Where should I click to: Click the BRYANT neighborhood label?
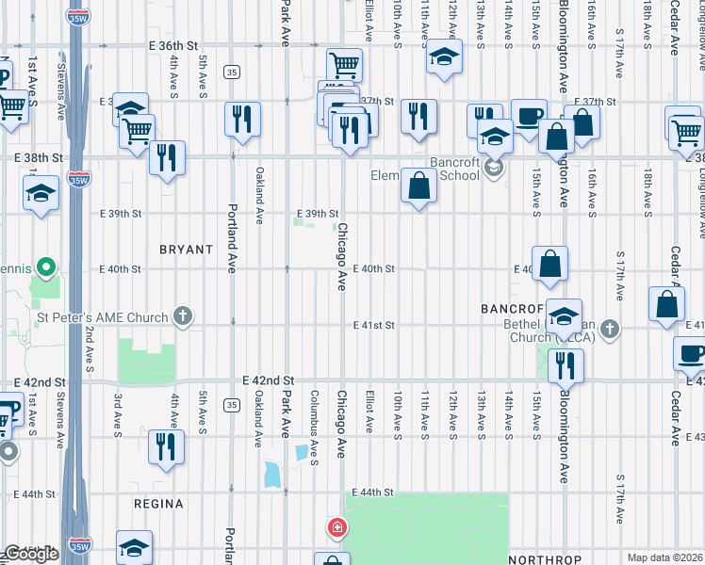tap(185, 249)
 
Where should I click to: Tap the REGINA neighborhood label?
tap(158, 504)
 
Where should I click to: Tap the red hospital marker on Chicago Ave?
tap(336, 527)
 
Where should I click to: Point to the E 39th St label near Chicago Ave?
tap(318, 214)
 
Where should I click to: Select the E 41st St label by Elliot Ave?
tap(374, 325)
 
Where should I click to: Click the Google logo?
tap(30, 554)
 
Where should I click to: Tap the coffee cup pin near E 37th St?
tap(529, 116)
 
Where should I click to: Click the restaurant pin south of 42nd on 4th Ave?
tap(166, 445)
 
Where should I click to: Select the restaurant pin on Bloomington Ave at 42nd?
tap(566, 364)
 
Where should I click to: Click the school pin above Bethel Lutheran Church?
tap(564, 316)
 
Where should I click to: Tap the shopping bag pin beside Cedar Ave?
tap(667, 304)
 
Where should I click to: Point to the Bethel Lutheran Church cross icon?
tap(611, 328)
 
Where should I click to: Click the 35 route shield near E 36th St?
tap(231, 73)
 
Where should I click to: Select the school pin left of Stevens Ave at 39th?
tap(41, 194)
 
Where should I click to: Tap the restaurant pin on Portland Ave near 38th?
tap(243, 119)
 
